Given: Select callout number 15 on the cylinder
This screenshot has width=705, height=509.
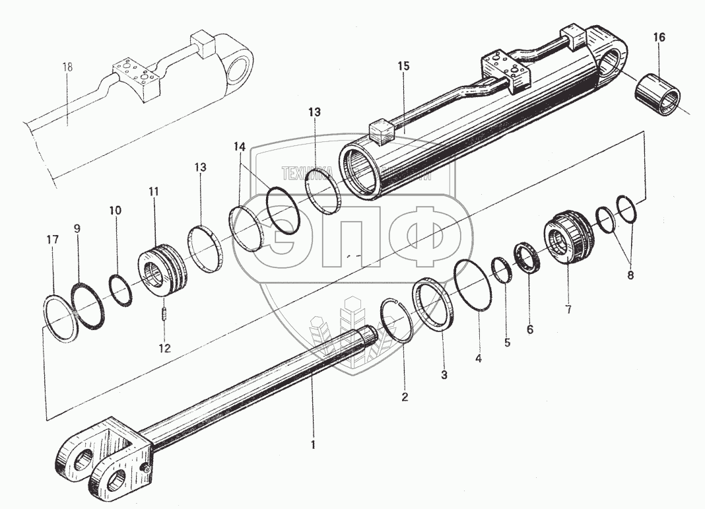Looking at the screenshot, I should click(403, 66).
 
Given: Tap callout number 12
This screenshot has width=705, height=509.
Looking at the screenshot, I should click(164, 347).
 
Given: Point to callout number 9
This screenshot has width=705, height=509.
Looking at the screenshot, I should click(77, 228).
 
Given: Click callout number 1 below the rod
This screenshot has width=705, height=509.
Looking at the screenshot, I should click(314, 444).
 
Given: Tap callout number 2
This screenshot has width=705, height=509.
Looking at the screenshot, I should click(405, 397).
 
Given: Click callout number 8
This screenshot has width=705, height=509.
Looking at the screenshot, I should click(630, 275).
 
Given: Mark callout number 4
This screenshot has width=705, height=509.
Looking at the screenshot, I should click(479, 359).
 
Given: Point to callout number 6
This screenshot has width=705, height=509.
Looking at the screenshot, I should click(529, 328).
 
